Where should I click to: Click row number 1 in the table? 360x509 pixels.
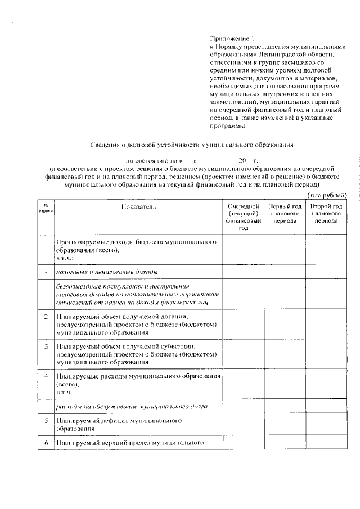coord(45,242)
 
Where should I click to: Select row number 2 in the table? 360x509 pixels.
coord(45,316)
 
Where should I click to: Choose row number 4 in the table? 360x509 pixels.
coord(45,375)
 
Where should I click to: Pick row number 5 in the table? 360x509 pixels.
coord(45,420)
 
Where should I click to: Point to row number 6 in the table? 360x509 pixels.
coord(45,443)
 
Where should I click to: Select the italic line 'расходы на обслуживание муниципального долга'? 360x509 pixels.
coord(131,406)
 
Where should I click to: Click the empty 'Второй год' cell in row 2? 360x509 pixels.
coord(326,325)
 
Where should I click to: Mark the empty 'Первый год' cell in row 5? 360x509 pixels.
coord(285,424)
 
